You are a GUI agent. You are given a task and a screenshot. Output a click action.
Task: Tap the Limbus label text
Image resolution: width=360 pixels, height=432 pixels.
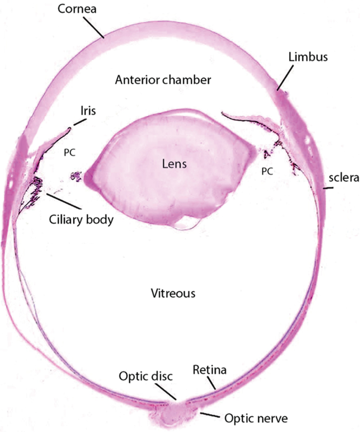(x=307, y=57)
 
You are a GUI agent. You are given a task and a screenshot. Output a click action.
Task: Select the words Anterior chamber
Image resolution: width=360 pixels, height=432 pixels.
(x=163, y=80)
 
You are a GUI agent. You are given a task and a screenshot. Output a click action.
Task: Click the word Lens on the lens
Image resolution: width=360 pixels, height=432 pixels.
(x=174, y=164)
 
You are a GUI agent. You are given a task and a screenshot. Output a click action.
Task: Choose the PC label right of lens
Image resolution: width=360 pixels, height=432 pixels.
(x=269, y=171)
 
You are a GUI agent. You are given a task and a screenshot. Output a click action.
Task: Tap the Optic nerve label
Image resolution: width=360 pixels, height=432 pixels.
(x=248, y=419)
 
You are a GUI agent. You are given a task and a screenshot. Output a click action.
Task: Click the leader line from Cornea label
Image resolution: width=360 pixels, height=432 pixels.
(x=95, y=27)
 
